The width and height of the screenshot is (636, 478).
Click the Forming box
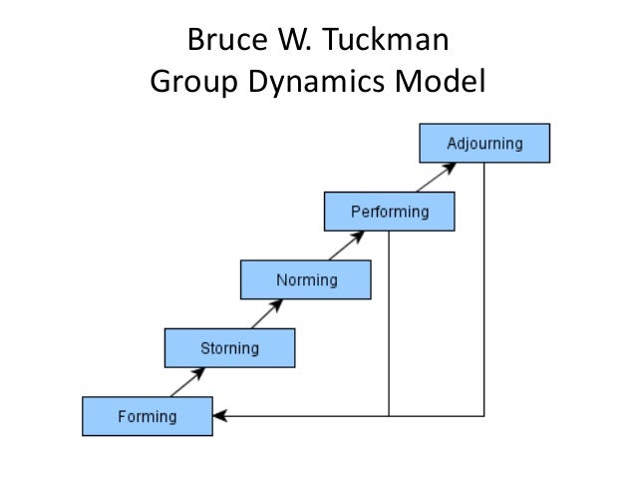point(147,416)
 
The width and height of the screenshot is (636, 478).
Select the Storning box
point(229,348)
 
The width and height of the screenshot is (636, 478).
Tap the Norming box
point(306,279)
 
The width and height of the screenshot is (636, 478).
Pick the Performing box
point(389,212)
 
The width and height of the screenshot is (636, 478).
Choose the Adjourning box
point(484,143)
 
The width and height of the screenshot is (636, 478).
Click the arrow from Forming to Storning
point(188,382)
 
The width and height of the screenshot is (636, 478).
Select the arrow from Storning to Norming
point(267,314)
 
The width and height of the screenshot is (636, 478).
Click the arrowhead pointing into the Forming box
point(219,415)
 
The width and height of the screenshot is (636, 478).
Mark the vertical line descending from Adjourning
point(484,289)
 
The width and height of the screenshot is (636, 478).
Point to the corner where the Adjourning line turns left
point(484,415)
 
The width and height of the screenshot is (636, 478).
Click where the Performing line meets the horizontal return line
point(389,415)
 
